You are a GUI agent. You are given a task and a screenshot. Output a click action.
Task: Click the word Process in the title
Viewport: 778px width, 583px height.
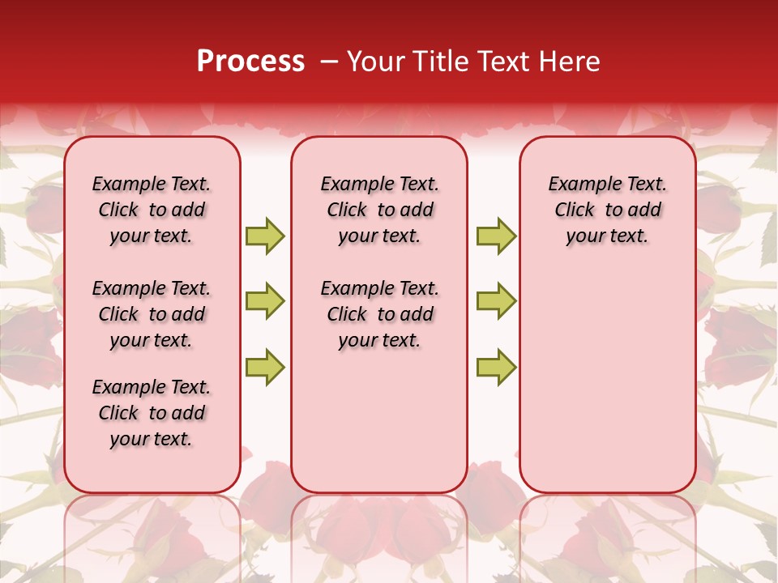pyautogui.click(x=250, y=62)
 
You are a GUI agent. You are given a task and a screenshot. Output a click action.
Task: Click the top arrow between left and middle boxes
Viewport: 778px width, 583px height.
pyautogui.click(x=265, y=236)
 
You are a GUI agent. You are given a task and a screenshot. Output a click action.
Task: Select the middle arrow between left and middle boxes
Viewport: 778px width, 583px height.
pyautogui.click(x=265, y=301)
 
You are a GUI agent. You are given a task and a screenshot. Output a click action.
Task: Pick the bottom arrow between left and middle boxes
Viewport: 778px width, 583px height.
pyautogui.click(x=265, y=367)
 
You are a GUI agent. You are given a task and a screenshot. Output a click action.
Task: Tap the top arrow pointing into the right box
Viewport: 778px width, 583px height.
pyautogui.click(x=496, y=236)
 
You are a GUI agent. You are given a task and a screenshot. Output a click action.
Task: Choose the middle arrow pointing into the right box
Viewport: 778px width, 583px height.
pyautogui.click(x=496, y=301)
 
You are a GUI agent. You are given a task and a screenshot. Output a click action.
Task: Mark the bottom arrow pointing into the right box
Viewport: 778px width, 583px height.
pyautogui.click(x=496, y=367)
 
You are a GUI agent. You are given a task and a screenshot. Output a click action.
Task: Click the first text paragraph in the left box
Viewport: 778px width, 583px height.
pyautogui.click(x=152, y=210)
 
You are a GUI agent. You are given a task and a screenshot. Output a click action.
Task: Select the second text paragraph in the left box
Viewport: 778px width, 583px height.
pyautogui.click(x=152, y=314)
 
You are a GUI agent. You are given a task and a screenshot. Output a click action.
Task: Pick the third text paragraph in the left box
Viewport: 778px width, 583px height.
pyautogui.click(x=152, y=413)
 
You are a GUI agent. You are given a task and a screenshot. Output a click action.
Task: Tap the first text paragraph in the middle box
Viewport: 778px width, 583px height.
pyautogui.click(x=379, y=210)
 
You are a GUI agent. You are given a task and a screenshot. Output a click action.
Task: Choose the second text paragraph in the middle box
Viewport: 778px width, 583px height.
pyautogui.click(x=379, y=314)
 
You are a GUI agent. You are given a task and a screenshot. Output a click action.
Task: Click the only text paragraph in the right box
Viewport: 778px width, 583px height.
pyautogui.click(x=607, y=210)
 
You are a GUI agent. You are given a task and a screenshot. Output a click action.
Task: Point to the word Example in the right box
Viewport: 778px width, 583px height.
pyautogui.click(x=577, y=185)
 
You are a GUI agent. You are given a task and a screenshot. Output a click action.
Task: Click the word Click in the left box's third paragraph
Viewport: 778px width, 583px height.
pyautogui.click(x=118, y=413)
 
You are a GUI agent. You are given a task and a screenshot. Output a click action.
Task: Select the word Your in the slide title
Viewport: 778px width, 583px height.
pyautogui.click(x=370, y=62)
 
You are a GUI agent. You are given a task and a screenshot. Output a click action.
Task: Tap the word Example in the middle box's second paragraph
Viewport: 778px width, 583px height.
pyautogui.click(x=349, y=289)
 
